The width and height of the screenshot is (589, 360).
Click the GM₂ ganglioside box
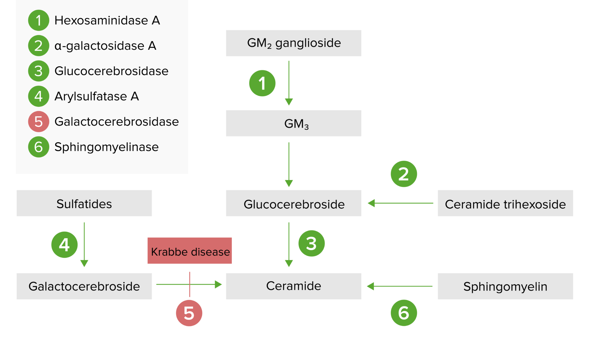294,43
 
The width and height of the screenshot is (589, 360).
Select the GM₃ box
294,123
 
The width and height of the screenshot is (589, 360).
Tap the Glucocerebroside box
294,203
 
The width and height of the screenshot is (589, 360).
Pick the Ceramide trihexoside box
505,203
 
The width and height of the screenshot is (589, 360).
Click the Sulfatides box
84,203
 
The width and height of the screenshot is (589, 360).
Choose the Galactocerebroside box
84,286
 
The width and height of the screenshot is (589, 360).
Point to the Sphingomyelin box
505,286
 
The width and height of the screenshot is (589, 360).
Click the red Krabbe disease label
190,251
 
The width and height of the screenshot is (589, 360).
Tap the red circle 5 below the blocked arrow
189,313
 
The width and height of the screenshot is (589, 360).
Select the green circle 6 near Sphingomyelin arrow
404,313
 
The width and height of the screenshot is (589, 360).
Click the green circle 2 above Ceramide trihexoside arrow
404,174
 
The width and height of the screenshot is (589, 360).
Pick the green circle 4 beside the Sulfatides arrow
64,245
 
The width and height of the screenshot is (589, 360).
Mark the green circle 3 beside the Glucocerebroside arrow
311,243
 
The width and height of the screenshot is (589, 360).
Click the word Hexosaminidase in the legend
101,21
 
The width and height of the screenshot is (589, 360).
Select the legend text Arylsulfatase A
97,96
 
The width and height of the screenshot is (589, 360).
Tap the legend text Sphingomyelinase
106,147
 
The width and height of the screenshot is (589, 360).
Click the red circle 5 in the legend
39,122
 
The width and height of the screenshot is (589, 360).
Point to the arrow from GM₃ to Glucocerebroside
289,164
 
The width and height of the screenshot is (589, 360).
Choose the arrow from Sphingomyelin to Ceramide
400,286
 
